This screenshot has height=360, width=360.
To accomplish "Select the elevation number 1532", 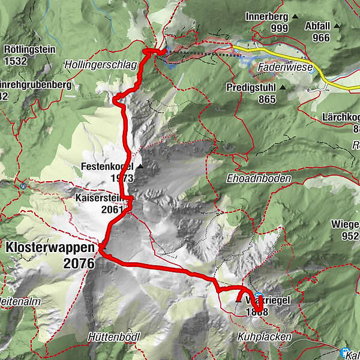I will [16, 60].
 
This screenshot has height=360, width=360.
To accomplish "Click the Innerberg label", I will [266, 16].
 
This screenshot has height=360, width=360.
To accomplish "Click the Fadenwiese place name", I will [279, 69].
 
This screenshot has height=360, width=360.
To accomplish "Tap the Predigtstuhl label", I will [251, 88].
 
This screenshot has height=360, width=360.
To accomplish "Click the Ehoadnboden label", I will [259, 179].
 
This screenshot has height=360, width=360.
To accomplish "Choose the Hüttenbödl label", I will [113, 337].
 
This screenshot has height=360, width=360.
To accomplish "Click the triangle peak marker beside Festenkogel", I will [140, 167].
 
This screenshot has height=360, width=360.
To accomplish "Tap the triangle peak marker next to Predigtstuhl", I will [283, 88].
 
